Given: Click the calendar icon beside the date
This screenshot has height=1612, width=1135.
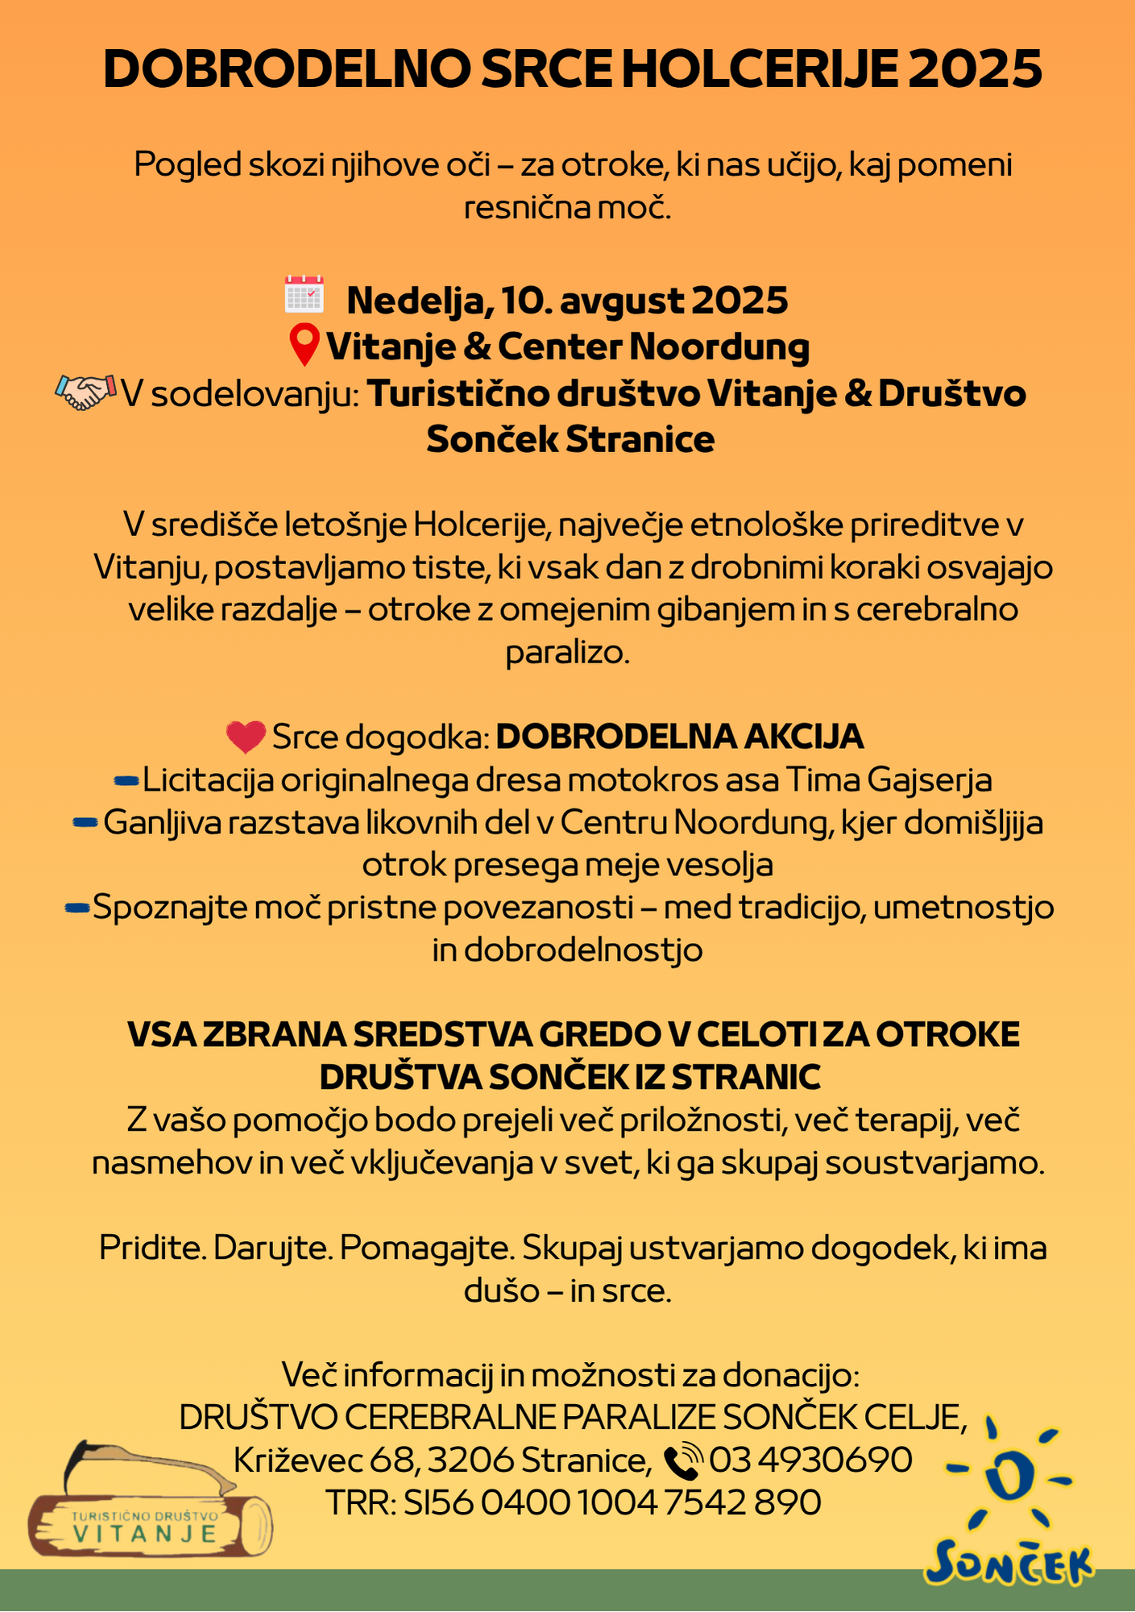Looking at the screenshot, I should [x=304, y=294].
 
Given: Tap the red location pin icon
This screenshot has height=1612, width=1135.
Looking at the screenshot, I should [x=304, y=345].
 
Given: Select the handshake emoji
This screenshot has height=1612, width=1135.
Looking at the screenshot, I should [x=84, y=393].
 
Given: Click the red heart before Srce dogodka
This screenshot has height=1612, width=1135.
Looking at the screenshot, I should [x=246, y=737].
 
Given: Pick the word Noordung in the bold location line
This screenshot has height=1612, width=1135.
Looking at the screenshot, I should [x=719, y=347].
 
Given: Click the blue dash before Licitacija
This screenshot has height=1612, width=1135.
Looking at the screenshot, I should [x=127, y=779].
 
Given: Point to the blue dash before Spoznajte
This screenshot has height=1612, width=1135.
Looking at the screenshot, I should [x=77, y=908].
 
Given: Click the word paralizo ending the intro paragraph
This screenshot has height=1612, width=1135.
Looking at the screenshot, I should [x=567, y=652].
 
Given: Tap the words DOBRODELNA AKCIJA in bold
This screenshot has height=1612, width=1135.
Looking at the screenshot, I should [x=680, y=737].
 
